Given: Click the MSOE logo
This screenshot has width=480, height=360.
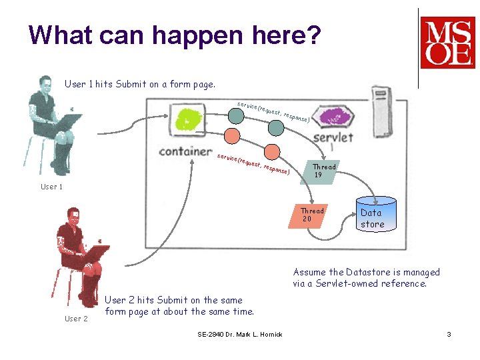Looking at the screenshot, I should (447, 43).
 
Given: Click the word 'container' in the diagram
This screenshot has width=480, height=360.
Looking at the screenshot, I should (185, 150).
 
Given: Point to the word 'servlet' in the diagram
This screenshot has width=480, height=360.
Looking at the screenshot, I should (333, 137).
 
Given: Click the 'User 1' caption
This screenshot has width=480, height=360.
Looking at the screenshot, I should (52, 187).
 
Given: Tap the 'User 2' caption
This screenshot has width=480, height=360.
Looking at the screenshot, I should (76, 319).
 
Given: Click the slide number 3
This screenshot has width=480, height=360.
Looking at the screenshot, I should (449, 334).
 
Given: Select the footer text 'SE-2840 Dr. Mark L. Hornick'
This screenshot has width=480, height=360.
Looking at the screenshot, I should (239, 334).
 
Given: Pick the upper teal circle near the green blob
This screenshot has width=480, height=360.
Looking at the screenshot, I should (235, 115).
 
